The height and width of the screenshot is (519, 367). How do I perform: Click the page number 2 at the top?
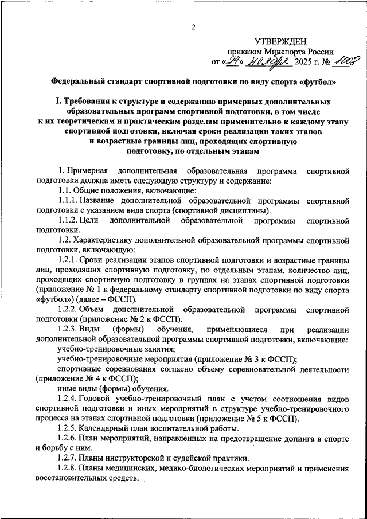click(193, 26)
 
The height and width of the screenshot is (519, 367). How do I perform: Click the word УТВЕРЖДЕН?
click(281, 41)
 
